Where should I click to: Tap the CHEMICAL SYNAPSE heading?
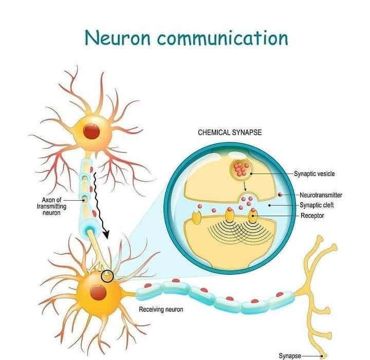click(230, 132)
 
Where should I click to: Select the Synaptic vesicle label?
click(314, 174)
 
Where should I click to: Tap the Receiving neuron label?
click(161, 310)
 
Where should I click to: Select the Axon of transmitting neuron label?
click(51, 206)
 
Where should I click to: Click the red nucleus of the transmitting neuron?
click(92, 131)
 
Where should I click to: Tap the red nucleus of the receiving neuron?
click(98, 293)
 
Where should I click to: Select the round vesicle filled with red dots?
click(241, 168)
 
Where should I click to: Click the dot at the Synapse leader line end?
click(322, 355)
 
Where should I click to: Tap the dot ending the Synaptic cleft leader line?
click(270, 205)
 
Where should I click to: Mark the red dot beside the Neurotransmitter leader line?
click(280, 195)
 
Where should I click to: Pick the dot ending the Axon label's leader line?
click(84, 199)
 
